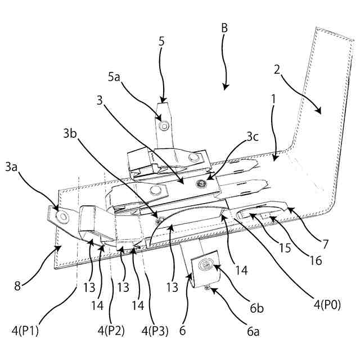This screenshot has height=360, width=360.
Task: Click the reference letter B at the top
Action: pos(224,28)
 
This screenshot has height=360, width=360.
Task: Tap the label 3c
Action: pos(253,137)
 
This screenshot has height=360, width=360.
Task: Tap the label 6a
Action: pos(253,332)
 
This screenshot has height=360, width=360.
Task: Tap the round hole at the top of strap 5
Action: pos(164,126)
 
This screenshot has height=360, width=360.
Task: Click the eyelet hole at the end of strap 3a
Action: pos(60,214)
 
